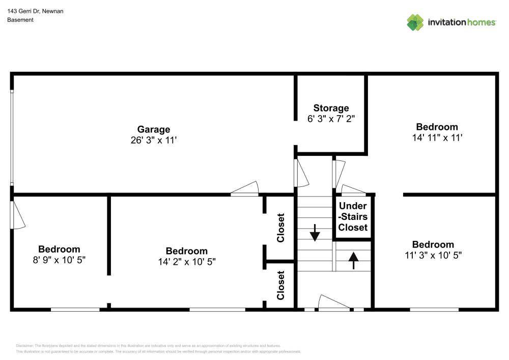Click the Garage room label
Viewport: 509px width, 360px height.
pos(153,129)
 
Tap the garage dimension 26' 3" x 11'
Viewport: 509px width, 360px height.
pos(153,141)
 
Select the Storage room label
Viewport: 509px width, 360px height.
pos(331,108)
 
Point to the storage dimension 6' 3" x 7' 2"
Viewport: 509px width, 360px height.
pos(331,119)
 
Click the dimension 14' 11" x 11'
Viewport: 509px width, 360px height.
pos(437,137)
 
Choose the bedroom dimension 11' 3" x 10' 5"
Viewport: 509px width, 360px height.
pos(433,255)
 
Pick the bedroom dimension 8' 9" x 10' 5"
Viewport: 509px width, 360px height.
pos(59,260)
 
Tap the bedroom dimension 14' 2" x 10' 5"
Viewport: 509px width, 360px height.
pos(187,262)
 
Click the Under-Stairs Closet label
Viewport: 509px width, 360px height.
pos(353,216)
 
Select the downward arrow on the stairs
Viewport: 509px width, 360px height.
pos(315,233)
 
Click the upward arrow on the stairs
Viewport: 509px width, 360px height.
pos(353,260)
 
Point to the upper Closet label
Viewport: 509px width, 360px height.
pos(280,228)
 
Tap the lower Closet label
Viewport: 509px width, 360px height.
pos(280,285)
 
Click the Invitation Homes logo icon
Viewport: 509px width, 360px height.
pos(415,22)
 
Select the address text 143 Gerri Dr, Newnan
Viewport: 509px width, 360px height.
pos(35,11)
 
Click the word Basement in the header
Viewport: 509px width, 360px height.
pos(20,20)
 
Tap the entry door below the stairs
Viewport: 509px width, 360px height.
pos(333,303)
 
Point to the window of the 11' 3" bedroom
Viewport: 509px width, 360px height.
pos(434,309)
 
